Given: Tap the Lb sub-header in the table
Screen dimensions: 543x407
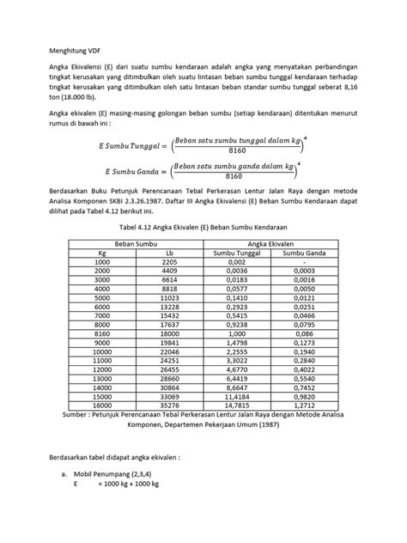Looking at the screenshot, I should [169, 253].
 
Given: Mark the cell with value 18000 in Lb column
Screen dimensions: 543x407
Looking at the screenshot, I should [169, 335].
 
